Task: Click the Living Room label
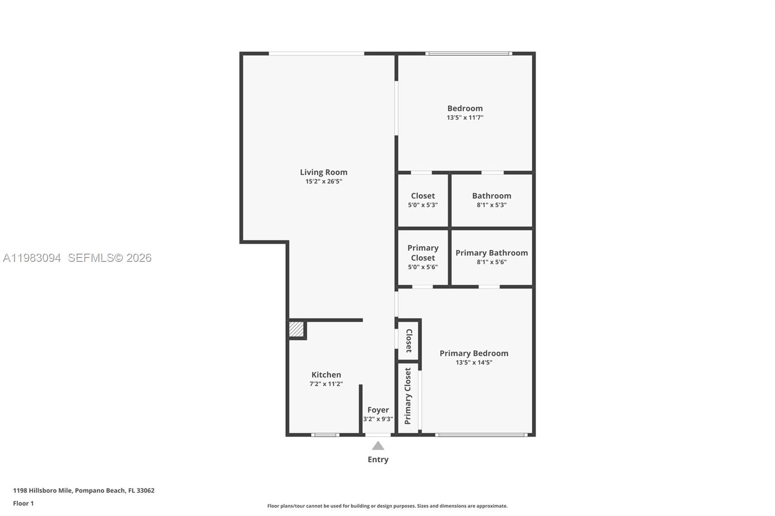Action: tap(323, 172)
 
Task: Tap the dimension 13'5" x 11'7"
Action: tap(465, 118)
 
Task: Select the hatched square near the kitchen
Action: tap(296, 329)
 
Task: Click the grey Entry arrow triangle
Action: tap(378, 446)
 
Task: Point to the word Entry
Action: tap(378, 459)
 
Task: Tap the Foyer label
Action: tap(378, 410)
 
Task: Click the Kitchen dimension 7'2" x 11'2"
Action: tap(326, 384)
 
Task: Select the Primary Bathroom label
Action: tap(491, 253)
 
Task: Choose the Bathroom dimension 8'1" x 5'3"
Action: tap(491, 205)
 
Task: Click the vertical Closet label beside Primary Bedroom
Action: tap(409, 340)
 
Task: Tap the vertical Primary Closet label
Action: tap(408, 396)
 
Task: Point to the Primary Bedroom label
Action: tap(474, 353)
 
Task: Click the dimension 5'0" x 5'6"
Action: tap(422, 267)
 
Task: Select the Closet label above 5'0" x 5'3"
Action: tap(422, 196)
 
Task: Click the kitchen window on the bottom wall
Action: tap(325, 435)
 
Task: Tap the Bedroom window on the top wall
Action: tap(468, 53)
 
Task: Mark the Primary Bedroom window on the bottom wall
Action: tap(481, 435)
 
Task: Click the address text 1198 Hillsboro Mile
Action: tap(43, 490)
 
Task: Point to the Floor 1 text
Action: tap(23, 503)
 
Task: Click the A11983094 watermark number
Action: tap(32, 258)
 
